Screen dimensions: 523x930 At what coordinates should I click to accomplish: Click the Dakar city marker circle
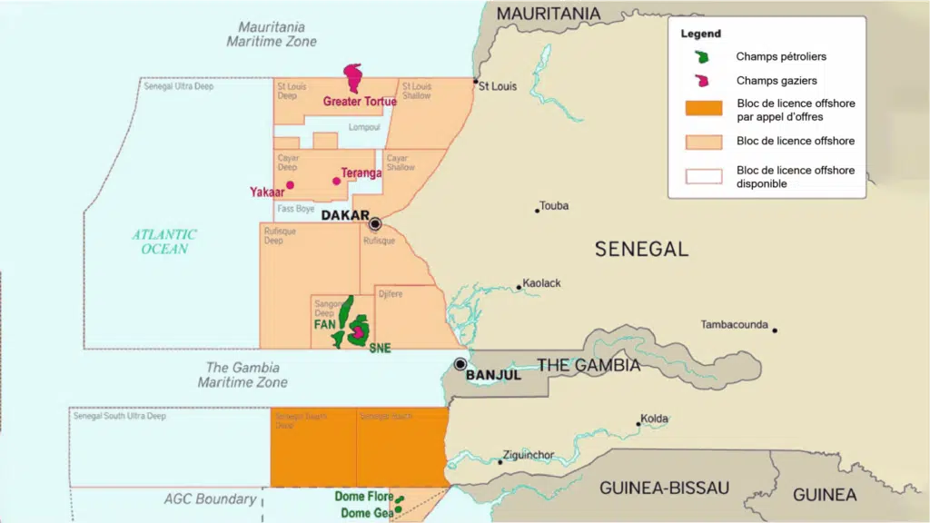point(374,223)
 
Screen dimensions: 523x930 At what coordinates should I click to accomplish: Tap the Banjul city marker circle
point(460,364)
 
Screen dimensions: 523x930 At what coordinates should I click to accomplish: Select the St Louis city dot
point(475,81)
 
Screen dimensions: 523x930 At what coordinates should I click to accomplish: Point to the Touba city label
point(554,206)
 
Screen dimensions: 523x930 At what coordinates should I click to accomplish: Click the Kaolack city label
point(541,283)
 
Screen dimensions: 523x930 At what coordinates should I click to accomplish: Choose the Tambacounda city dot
point(775,330)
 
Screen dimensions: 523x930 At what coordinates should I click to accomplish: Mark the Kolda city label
point(654,419)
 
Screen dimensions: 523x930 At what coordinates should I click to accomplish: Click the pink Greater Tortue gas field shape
point(353,77)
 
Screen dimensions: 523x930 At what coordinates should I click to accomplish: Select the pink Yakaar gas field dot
point(290,185)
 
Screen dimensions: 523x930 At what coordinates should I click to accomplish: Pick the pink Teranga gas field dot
point(336,181)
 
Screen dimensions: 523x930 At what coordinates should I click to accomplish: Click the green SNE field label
point(380,349)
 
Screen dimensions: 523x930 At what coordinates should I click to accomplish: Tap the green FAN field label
point(324,324)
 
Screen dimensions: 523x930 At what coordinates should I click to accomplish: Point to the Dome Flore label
point(364,497)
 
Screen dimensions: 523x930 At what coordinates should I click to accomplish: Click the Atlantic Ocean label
point(164,241)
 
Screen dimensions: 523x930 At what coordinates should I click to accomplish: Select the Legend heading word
point(700,34)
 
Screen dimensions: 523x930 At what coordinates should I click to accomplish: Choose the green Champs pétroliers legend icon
point(702,56)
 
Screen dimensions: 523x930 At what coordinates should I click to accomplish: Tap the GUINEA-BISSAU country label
point(664,488)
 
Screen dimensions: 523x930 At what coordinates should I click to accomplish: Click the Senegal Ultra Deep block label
point(179,85)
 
